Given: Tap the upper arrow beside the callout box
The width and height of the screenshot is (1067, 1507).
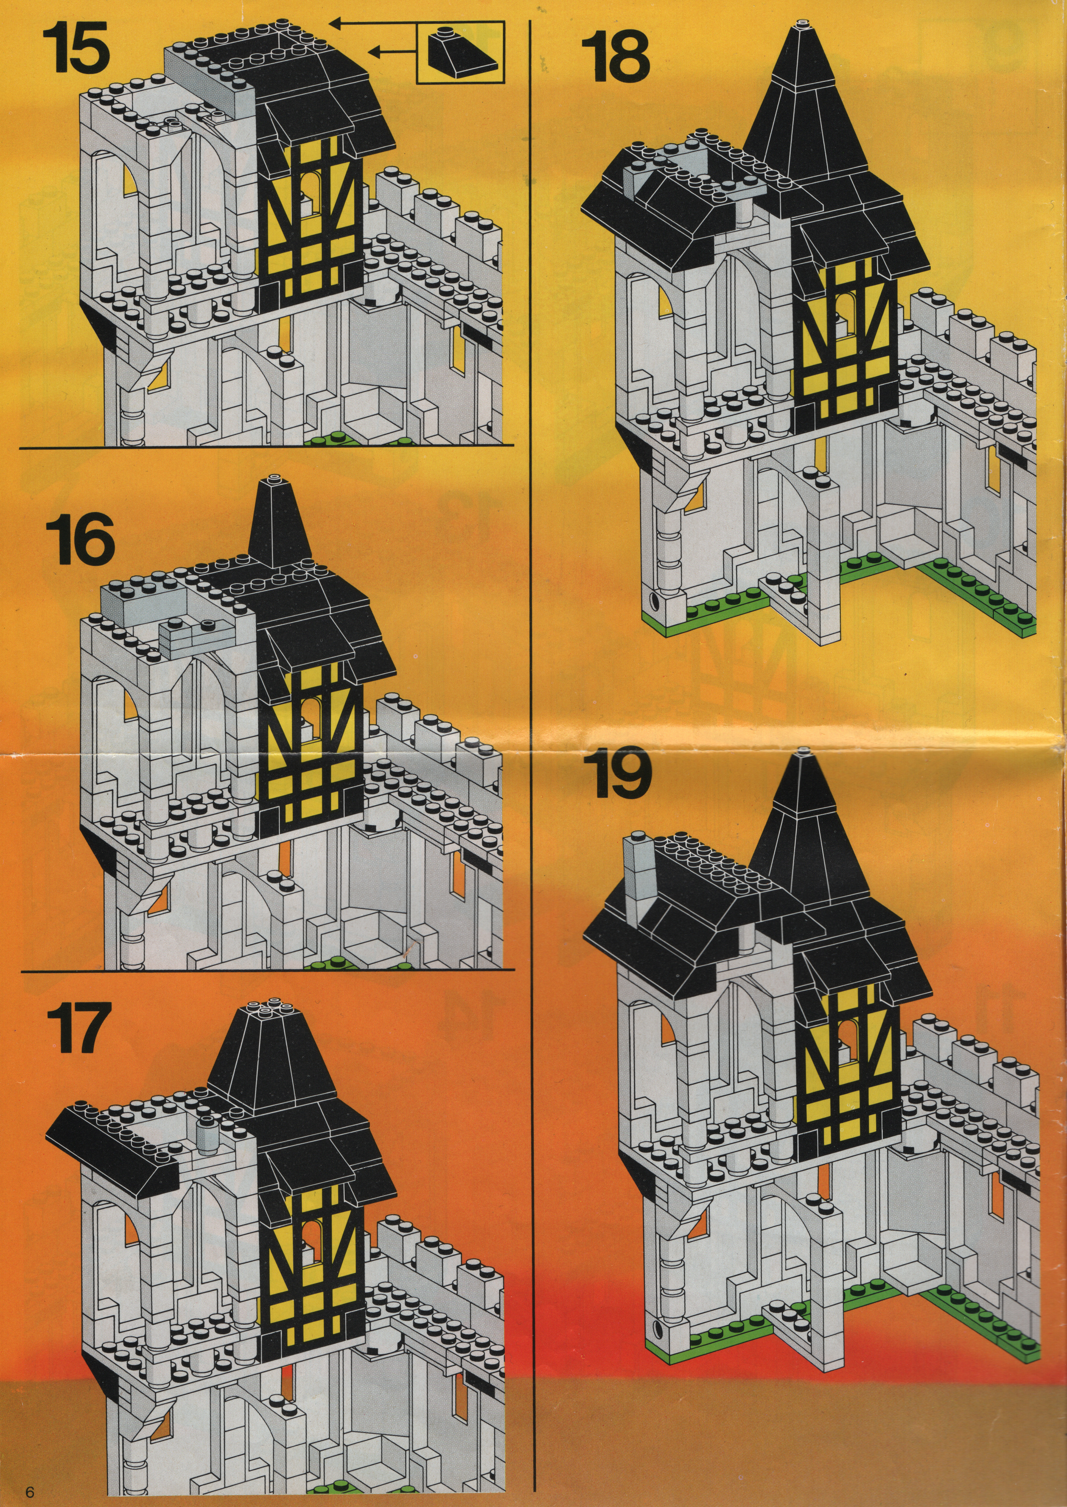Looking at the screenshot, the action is pyautogui.click(x=372, y=25).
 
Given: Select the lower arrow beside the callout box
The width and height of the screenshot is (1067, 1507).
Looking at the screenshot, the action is pyautogui.click(x=393, y=51).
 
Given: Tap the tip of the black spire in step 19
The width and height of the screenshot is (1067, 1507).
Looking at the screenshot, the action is pyautogui.click(x=802, y=752).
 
